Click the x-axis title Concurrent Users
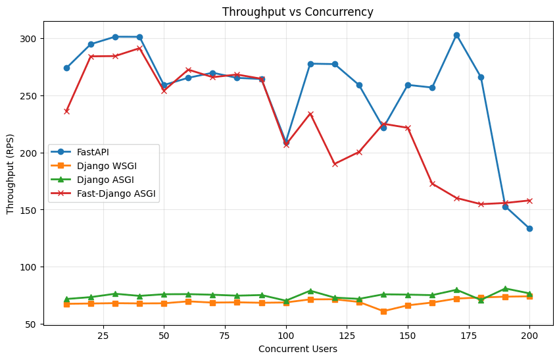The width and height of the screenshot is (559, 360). point(297,349)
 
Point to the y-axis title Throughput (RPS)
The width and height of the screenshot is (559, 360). point(11,172)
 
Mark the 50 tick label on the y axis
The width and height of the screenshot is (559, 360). point(30,324)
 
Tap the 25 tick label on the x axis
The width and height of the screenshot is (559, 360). point(103,335)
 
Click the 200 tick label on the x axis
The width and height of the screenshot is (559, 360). point(529,335)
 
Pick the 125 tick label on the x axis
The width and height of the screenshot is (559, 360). point(347,335)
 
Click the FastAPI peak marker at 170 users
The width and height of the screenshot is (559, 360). point(456,35)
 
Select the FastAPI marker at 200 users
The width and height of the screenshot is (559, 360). point(529,228)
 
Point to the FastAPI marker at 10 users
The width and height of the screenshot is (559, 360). point(66,68)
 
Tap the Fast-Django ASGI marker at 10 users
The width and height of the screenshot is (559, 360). point(66,111)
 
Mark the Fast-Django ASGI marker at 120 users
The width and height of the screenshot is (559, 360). point(335,164)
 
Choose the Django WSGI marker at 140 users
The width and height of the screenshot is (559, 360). point(383,311)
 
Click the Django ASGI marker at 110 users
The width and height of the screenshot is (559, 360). point(310,291)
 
